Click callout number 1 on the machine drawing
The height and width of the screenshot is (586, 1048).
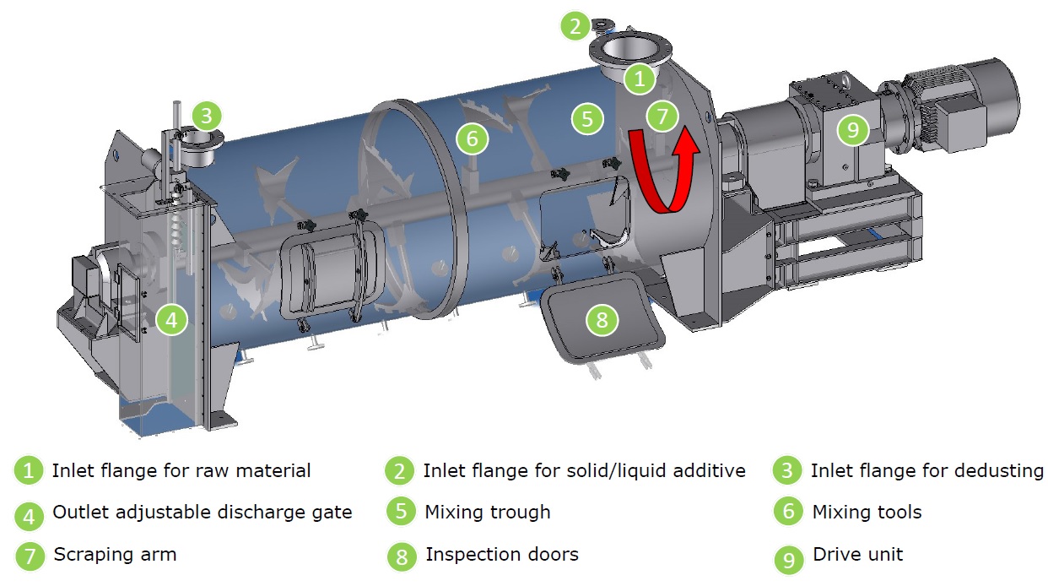point(640,79)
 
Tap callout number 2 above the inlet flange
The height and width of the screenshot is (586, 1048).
point(575,26)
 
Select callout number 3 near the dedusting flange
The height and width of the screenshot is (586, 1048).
point(207,114)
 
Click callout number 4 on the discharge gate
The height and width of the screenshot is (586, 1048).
point(171,319)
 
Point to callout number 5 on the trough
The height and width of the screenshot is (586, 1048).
point(587,117)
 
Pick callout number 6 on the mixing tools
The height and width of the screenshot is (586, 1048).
point(473,137)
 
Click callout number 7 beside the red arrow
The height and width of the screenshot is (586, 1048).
point(662,116)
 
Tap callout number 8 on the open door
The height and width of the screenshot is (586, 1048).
point(602,319)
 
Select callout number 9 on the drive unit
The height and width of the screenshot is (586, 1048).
point(852,129)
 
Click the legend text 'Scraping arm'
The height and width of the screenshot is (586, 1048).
point(115,555)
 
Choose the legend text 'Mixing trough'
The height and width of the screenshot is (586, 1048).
point(487,512)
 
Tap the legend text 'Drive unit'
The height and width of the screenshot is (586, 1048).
point(857,555)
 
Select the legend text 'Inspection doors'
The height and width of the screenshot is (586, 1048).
point(501,555)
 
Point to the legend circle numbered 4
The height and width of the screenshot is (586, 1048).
point(29,513)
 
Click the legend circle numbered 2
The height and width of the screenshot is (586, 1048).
point(400,471)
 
